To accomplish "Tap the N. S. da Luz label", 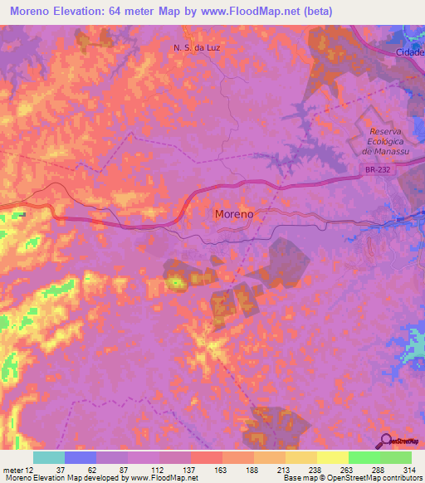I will tap(196, 48).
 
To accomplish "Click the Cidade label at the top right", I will tap(408, 52).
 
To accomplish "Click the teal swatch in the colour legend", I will tap(49, 457).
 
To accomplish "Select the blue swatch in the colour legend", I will tap(81, 457).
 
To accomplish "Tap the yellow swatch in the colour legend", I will tap(333, 457).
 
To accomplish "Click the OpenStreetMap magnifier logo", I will tap(386, 441).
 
